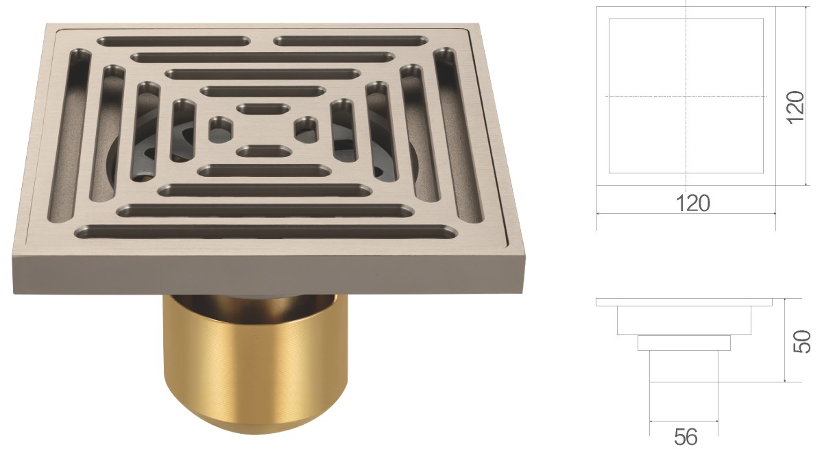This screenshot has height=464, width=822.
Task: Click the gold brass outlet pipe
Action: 257,362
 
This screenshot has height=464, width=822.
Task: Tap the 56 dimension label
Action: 686,436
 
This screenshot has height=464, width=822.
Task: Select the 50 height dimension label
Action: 802,341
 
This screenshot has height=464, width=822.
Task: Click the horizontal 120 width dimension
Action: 693,203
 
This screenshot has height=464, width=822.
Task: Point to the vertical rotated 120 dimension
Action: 795,107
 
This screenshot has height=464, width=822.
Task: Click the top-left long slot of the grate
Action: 173,41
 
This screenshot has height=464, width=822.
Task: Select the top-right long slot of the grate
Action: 351,40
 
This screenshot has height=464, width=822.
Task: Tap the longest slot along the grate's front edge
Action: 267,232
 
